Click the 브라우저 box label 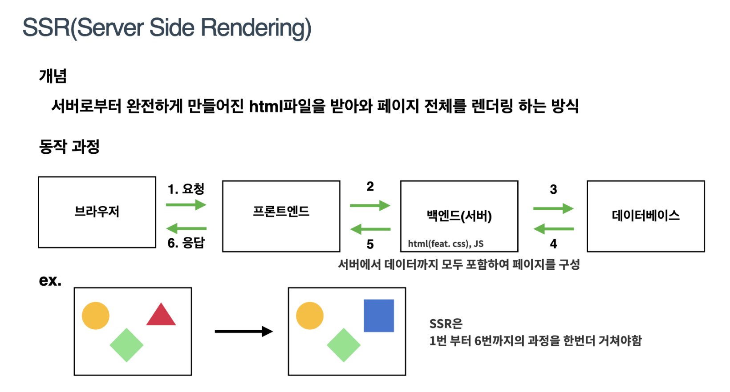[97, 212]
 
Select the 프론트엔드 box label [281, 212]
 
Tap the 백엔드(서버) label [459, 216]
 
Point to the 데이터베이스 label [645, 216]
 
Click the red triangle [161, 315]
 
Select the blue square [379, 316]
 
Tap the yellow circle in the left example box [96, 316]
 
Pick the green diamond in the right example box [344, 345]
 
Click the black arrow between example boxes [244, 332]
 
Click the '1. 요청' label [186, 189]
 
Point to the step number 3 [553, 189]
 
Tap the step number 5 [370, 244]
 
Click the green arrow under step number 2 [370, 205]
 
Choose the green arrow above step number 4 [553, 229]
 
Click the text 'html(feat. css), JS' [446, 244]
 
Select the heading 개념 [53, 76]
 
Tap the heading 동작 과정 [69, 146]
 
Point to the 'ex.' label [50, 280]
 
